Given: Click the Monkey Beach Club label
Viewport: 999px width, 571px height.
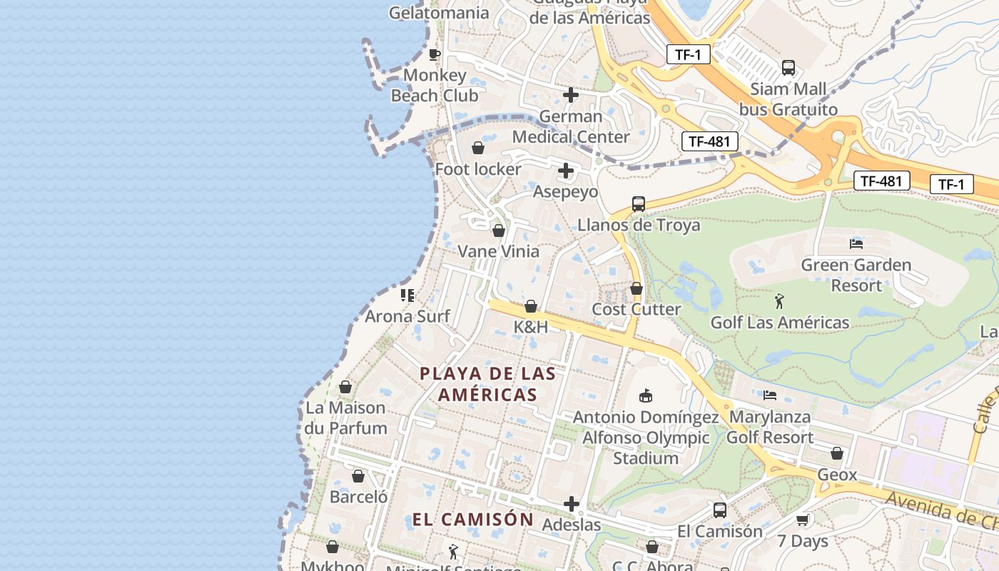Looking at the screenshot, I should click(434, 85).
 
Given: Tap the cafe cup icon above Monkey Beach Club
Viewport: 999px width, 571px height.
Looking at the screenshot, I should click(434, 54).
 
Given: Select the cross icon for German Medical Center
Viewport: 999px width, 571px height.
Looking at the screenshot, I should click(571, 94).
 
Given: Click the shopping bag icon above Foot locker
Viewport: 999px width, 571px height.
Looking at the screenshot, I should click(478, 148).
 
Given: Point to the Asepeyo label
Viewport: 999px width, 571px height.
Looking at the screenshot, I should click(565, 191).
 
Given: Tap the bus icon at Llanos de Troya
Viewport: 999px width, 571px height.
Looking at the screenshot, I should click(638, 204).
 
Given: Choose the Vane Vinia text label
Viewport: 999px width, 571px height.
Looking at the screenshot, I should click(498, 251).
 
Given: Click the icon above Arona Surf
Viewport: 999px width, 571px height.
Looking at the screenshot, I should click(407, 295).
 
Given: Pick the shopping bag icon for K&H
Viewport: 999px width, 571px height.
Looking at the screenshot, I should click(531, 306).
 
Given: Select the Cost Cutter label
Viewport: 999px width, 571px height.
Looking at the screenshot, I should click(636, 309).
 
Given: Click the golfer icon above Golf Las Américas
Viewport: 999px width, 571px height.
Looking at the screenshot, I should click(779, 301).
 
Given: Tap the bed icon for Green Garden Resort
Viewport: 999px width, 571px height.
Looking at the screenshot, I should click(856, 244).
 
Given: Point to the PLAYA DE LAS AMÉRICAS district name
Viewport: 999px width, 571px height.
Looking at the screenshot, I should click(487, 383).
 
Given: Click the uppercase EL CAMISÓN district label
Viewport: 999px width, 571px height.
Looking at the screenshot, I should click(472, 519).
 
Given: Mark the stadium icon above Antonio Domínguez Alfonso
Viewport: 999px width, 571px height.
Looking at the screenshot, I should click(646, 395).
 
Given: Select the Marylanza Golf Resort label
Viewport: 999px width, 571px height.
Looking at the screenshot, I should click(769, 427).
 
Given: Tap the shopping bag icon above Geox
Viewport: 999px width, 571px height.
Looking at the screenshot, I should click(837, 453).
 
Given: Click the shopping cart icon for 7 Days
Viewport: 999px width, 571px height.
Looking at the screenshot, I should click(802, 520).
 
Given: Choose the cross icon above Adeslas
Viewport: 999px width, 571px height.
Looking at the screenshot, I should click(571, 504).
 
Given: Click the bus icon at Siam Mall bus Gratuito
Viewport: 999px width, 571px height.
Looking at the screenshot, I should click(788, 68).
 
